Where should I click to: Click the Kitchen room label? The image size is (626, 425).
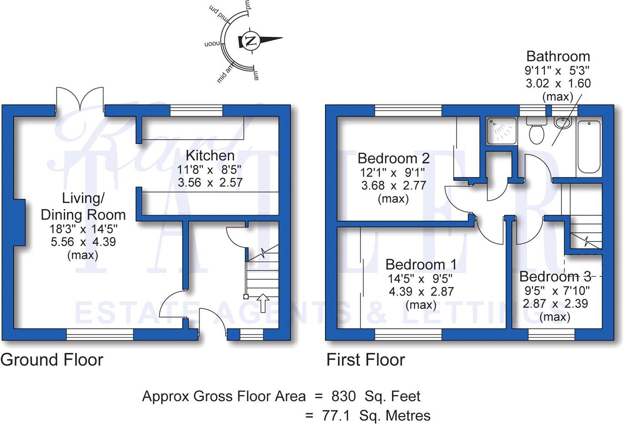point(210,156)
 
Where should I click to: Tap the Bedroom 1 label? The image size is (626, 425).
point(421,265)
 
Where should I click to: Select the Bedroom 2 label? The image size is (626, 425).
point(393,158)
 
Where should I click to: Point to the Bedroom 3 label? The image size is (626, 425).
point(555,277)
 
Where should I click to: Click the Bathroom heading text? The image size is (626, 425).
point(558,57)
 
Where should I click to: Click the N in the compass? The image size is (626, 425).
point(250,40)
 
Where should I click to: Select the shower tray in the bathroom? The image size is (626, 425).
point(501,130)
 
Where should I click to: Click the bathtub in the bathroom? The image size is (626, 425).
point(589,146)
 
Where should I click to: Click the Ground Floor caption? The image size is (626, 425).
point(52,360)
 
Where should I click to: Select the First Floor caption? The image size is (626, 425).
point(366,360)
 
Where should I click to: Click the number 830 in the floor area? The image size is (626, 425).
point(343,396)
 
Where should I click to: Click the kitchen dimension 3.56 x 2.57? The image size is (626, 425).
point(210,183)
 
